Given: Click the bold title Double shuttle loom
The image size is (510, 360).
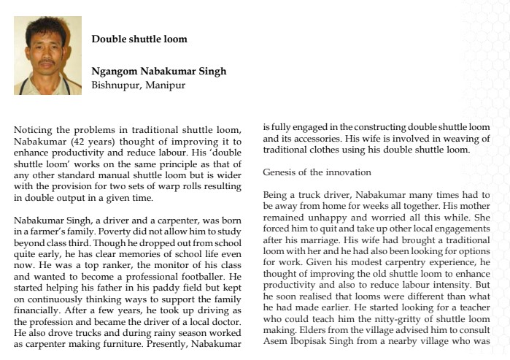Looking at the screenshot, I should [139, 39].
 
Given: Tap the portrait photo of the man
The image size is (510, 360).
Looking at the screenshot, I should [47, 55].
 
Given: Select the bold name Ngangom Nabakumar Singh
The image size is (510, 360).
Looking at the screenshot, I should [159, 72].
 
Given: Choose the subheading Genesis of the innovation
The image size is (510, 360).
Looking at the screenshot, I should [317, 173].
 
